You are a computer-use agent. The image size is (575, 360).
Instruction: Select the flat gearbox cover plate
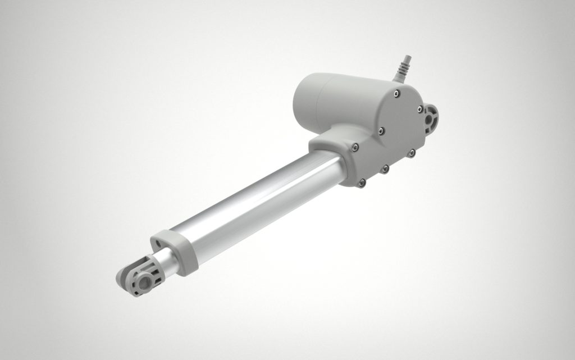click(x=393, y=135)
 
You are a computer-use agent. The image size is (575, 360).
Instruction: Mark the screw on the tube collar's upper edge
click(x=355, y=147)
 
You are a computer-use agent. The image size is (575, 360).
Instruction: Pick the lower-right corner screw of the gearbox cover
click(x=411, y=152)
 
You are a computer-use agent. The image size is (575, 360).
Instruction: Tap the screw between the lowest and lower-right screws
click(x=385, y=168)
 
